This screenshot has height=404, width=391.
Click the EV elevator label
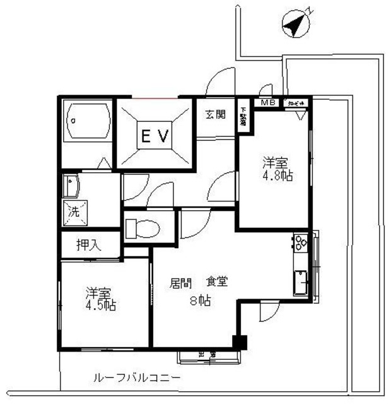[155, 136]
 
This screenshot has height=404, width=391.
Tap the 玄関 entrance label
[215, 115]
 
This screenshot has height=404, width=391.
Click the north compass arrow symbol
[295, 26]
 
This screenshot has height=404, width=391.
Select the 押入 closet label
[88, 244]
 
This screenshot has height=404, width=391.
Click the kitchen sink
[300, 282]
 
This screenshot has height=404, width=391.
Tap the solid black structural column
[238, 343]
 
